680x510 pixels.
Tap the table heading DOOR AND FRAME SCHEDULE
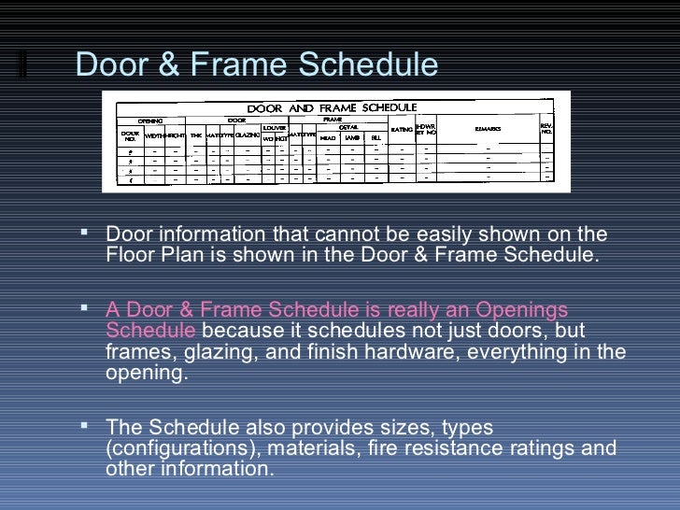click(x=332, y=108)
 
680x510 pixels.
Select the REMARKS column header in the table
click(x=488, y=128)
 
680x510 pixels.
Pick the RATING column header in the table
click(x=402, y=129)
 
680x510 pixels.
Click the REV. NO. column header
click(x=546, y=129)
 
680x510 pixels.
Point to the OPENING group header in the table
click(x=150, y=120)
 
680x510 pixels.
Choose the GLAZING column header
click(x=247, y=135)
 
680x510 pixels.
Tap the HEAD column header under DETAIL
click(x=327, y=137)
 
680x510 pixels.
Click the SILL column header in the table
click(x=375, y=137)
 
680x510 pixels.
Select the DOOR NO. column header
click(x=130, y=135)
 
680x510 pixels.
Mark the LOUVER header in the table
click(x=274, y=127)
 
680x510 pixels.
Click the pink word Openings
click(x=521, y=310)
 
